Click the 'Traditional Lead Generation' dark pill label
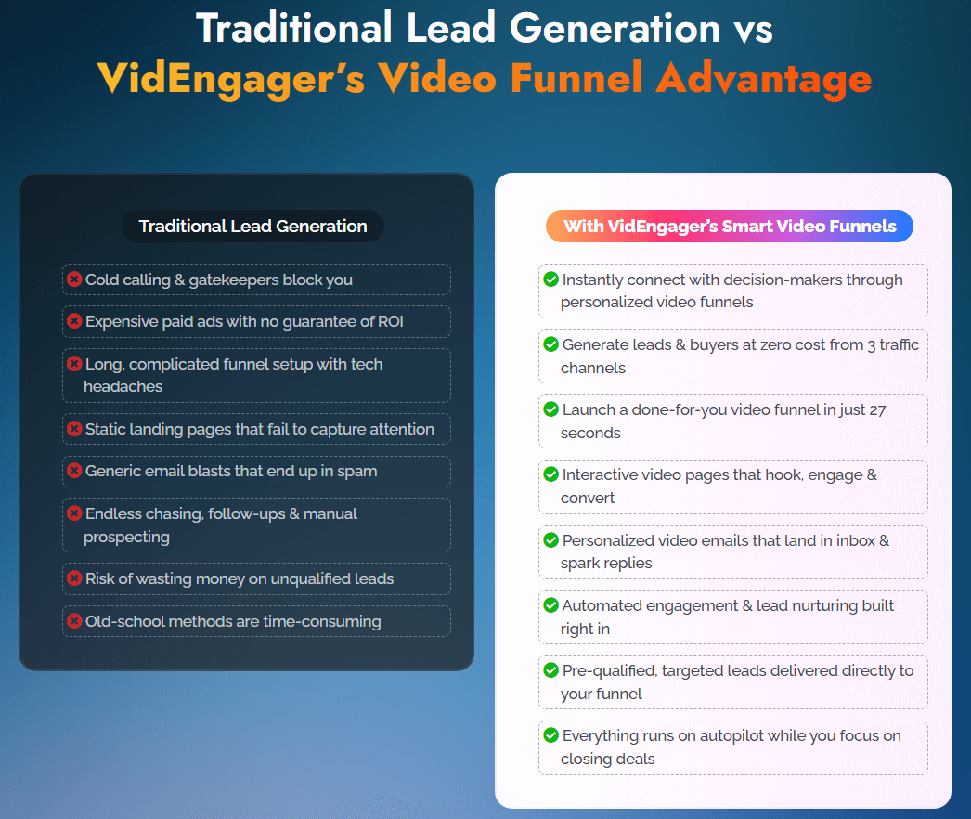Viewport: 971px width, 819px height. click(x=252, y=227)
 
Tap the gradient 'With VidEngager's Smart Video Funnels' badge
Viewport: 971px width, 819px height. click(x=730, y=226)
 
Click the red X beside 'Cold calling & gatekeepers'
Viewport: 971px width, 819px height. click(x=74, y=279)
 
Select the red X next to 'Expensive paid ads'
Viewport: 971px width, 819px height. click(x=74, y=321)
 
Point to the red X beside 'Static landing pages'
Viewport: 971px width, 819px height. click(x=74, y=429)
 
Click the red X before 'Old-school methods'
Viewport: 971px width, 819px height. click(x=74, y=621)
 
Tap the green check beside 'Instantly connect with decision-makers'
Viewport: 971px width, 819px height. click(x=550, y=279)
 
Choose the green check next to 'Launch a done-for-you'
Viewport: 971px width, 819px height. click(x=550, y=409)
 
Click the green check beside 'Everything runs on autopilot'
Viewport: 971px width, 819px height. click(x=550, y=735)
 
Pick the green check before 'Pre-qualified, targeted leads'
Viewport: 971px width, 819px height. click(x=550, y=670)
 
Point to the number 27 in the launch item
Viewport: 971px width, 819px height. click(x=877, y=409)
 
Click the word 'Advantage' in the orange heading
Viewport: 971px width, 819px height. click(x=763, y=79)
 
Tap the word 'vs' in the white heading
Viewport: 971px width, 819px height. click(x=751, y=28)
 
